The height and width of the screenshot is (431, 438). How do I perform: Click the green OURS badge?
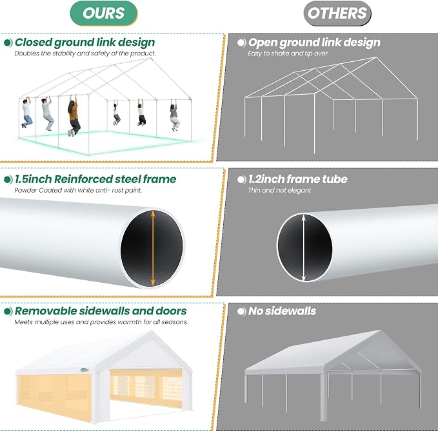[103, 13]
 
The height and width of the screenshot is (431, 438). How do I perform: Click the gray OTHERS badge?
[337, 13]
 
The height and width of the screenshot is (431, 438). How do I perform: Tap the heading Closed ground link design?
[85, 43]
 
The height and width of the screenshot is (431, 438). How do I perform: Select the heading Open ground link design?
[314, 43]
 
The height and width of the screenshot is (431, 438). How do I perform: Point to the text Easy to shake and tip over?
[288, 53]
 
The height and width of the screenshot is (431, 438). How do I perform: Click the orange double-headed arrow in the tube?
[153, 248]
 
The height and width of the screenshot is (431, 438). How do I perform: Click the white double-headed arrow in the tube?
[304, 248]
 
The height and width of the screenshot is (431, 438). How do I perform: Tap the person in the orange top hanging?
[74, 115]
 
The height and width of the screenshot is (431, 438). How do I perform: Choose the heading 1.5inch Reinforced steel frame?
[95, 179]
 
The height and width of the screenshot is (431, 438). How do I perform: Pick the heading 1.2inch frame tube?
[298, 179]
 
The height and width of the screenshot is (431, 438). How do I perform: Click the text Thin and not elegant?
[279, 190]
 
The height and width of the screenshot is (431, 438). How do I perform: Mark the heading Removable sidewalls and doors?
[101, 311]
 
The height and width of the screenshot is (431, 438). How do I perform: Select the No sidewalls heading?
[282, 311]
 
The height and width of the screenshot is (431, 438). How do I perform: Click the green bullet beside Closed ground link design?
[8, 43]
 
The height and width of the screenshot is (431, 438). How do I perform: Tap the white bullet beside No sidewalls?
[241, 311]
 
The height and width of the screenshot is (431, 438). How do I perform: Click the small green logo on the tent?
[84, 370]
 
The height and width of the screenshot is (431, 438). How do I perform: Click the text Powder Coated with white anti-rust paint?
[78, 190]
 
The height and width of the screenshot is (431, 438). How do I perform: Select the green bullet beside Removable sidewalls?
[8, 311]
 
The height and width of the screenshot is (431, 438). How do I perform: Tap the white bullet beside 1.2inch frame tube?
[241, 180]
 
